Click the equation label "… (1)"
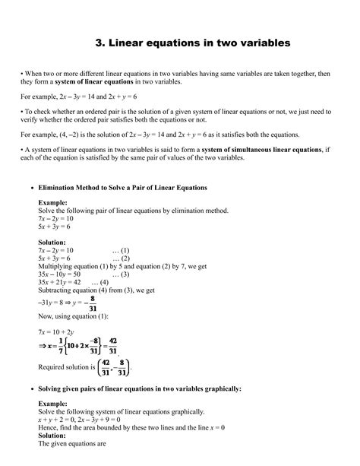[121, 249]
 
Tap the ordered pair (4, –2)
[65, 135]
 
